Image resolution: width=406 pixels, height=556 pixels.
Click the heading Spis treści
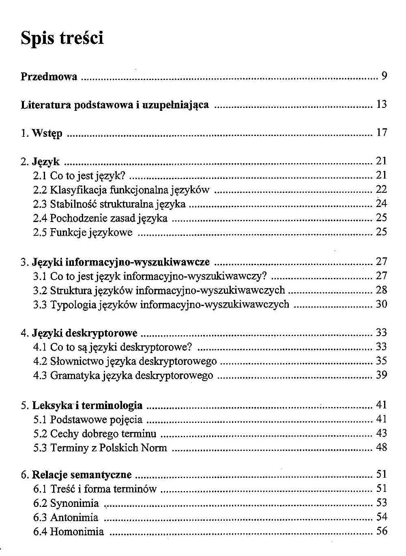(x=62, y=38)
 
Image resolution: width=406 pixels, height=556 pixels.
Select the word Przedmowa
(x=49, y=76)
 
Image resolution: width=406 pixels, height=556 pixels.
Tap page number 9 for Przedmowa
(x=384, y=76)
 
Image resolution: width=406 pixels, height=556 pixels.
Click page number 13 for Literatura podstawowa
(x=382, y=104)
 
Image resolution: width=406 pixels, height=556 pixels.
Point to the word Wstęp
(x=47, y=134)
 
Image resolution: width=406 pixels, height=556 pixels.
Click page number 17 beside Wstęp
(x=382, y=132)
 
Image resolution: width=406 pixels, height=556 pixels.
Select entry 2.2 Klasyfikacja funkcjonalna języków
(x=121, y=190)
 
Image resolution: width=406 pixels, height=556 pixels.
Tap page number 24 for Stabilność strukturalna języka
(x=382, y=203)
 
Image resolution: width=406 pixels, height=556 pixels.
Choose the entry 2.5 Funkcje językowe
(x=83, y=233)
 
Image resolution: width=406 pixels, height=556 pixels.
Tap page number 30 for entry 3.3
(x=382, y=304)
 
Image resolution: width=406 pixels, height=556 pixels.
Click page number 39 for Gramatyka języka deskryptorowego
(x=382, y=375)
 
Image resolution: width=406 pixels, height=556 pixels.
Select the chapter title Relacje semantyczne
(x=82, y=475)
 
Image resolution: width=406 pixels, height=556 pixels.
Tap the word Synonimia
(x=74, y=504)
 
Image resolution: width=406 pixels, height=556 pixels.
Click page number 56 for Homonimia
(x=382, y=531)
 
